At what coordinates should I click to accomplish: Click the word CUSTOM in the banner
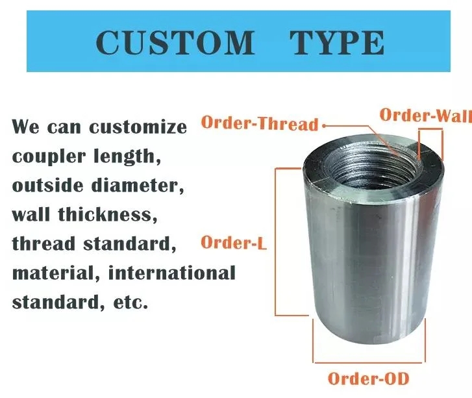tap(175, 42)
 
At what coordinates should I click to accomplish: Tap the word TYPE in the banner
tap(337, 42)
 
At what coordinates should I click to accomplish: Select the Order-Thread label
tap(260, 123)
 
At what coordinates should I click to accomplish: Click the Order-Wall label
tap(426, 115)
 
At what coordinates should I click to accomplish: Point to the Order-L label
tap(234, 242)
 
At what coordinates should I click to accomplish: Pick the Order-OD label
tap(369, 379)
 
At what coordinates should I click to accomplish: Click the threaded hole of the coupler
tap(372, 166)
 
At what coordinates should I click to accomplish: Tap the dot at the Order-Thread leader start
tap(324, 126)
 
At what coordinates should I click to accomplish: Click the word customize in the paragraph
tap(138, 127)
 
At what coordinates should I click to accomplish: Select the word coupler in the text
tap(49, 157)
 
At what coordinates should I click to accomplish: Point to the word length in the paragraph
tap(127, 156)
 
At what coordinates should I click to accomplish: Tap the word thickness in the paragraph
tap(108, 214)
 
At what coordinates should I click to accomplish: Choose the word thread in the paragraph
tap(43, 243)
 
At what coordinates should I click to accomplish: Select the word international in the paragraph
tap(171, 273)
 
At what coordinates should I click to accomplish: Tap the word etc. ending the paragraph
tap(130, 303)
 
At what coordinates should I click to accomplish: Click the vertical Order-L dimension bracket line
tap(275, 242)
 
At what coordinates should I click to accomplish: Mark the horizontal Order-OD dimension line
tap(369, 362)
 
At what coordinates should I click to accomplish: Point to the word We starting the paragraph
tap(25, 127)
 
